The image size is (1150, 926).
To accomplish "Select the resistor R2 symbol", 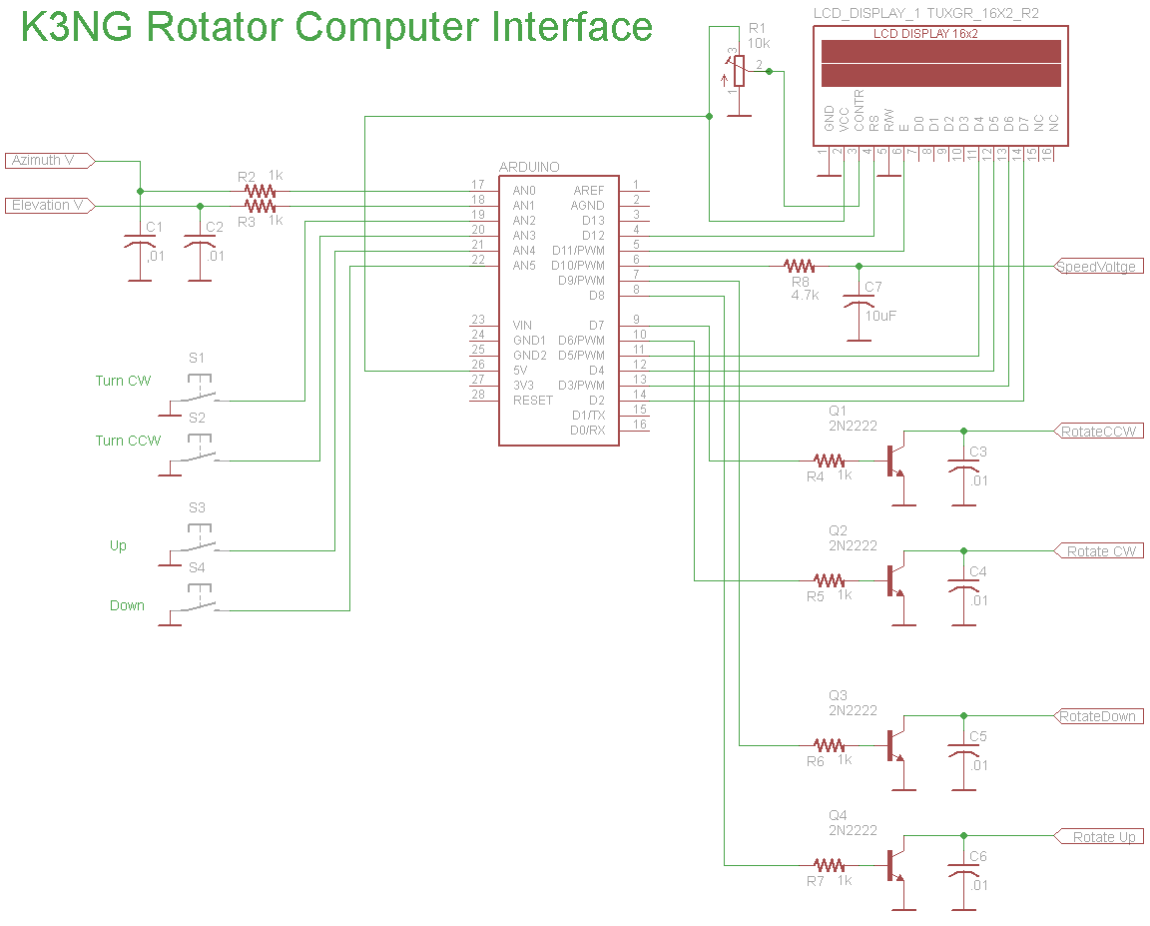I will (x=260, y=191).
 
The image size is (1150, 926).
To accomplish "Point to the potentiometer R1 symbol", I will (x=739, y=71).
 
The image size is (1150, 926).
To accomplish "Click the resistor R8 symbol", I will (x=799, y=266).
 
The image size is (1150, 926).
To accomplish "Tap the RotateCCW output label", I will (x=1098, y=432).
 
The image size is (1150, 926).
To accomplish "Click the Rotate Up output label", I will (x=1101, y=836).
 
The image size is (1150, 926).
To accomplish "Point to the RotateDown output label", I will (x=1097, y=716).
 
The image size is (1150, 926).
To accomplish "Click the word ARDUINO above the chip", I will (x=529, y=167).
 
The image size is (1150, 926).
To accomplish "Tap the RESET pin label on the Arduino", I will (x=532, y=400).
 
